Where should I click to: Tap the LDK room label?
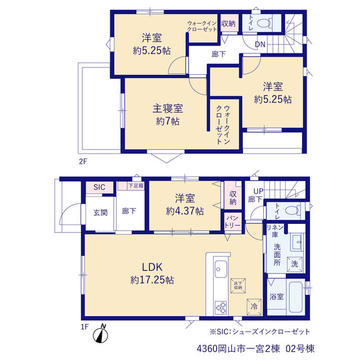[x=152, y=267]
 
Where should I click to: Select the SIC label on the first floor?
[x=99, y=187]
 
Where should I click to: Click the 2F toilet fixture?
[x=264, y=23]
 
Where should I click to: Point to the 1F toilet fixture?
[x=292, y=210]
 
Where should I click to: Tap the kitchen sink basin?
[x=220, y=269]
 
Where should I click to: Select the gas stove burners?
[x=220, y=308]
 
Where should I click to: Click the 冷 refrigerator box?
[x=254, y=307]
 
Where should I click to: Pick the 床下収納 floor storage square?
[x=238, y=286]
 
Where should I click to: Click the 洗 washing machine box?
[x=295, y=264]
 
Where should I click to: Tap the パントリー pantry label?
[x=232, y=222]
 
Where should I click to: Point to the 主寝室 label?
[x=168, y=109]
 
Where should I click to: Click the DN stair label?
[x=260, y=44]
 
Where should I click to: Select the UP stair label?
[x=258, y=191]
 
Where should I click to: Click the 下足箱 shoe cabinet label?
[x=136, y=185]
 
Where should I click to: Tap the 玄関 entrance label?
[x=100, y=213]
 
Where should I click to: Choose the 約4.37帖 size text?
[x=185, y=211]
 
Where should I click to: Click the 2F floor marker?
[x=83, y=161]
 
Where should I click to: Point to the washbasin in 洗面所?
[x=296, y=242]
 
